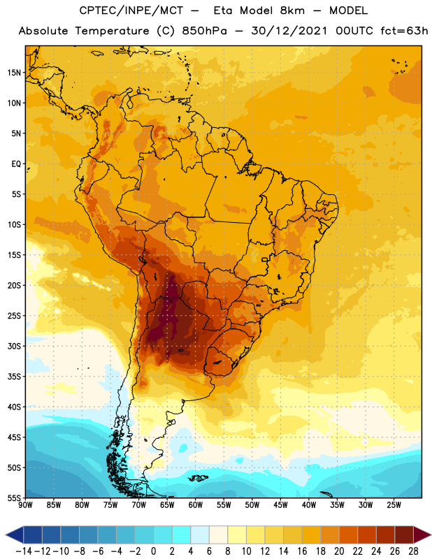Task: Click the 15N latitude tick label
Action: pyautogui.click(x=15, y=73)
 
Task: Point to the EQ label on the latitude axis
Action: pyautogui.click(x=16, y=164)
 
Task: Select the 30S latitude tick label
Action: pyautogui.click(x=15, y=346)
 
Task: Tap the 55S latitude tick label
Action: pyautogui.click(x=15, y=498)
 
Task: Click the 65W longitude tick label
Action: pyautogui.click(x=167, y=505)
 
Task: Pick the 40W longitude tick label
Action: pyautogui.click(x=309, y=505)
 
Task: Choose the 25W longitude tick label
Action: pyautogui.click(x=394, y=505)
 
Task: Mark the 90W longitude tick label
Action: pyautogui.click(x=25, y=505)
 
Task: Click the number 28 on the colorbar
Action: pyautogui.click(x=413, y=551)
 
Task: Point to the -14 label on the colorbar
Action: pyautogui.click(x=24, y=551)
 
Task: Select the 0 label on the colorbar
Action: pyautogui.click(x=154, y=551)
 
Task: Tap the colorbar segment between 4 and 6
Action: pyautogui.click(x=200, y=535)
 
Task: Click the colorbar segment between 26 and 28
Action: pyautogui.click(x=404, y=535)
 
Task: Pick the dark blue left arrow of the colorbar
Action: pyautogui.click(x=15, y=535)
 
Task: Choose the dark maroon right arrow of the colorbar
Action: pyautogui.click(x=422, y=535)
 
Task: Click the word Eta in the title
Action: pyautogui.click(x=223, y=10)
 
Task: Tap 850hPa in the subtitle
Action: pyautogui.click(x=204, y=31)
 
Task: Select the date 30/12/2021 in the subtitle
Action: pyautogui.click(x=289, y=31)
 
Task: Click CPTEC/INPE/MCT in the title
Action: pyautogui.click(x=131, y=10)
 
